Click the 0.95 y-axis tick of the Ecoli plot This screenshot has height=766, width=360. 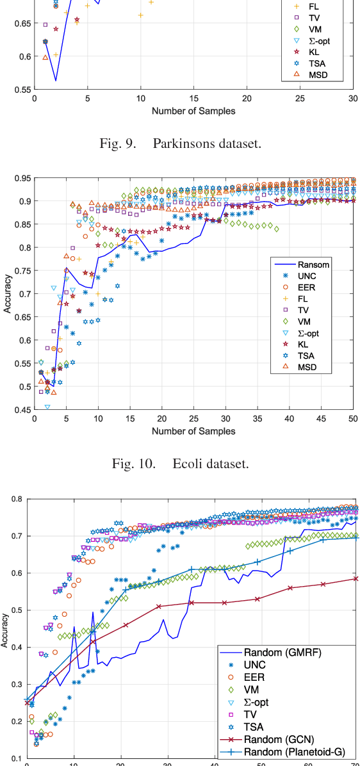coord(21,178)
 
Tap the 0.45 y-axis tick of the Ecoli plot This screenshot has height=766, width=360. coord(21,410)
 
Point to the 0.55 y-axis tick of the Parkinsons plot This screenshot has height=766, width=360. coord(21,90)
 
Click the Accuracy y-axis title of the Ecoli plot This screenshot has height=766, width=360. coord(8,293)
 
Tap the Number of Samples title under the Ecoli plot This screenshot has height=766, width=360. coord(193,430)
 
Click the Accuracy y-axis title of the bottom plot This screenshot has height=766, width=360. coord(4,631)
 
